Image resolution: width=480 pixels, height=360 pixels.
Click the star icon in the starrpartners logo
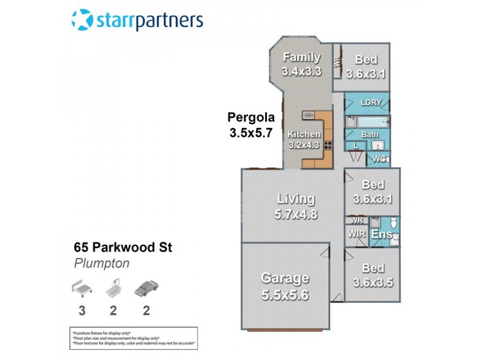pyautogui.click(x=82, y=19)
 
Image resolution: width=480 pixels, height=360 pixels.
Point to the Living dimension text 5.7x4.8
pyautogui.click(x=295, y=214)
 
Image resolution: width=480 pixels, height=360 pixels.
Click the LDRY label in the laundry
pyautogui.click(x=371, y=103)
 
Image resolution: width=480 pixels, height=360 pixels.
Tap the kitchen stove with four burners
pyautogui.click(x=328, y=145)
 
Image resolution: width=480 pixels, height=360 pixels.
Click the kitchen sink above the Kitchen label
pyautogui.click(x=309, y=115)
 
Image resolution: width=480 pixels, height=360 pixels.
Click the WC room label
pyautogui.click(x=379, y=159)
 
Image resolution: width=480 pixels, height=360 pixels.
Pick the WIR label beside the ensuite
pyautogui.click(x=357, y=235)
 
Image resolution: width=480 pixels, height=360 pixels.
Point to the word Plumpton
pyautogui.click(x=101, y=263)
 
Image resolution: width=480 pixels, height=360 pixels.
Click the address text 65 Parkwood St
pyautogui.click(x=122, y=247)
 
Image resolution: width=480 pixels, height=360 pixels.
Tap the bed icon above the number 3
pyautogui.click(x=81, y=289)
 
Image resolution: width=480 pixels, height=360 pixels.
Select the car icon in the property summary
pyautogui.click(x=146, y=289)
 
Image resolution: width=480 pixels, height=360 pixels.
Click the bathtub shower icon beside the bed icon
pyautogui.click(x=114, y=289)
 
